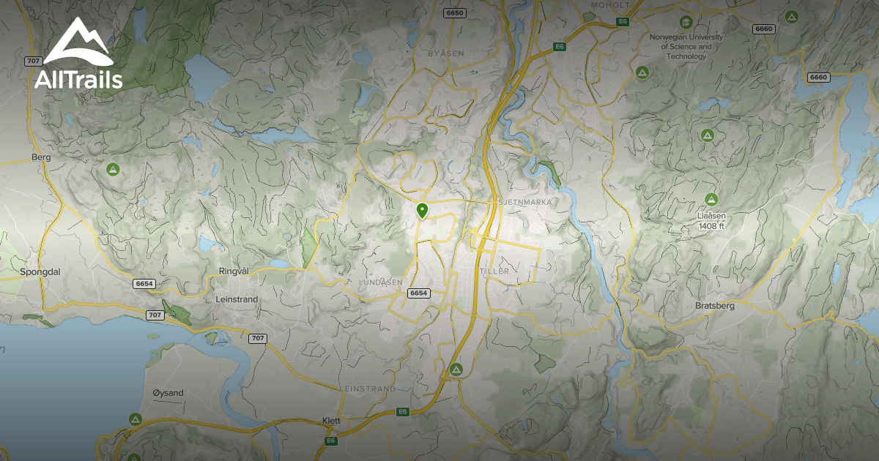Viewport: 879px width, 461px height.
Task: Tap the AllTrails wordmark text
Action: pos(78,79)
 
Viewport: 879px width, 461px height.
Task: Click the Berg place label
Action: pos(40,157)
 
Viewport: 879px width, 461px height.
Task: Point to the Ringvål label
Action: pos(234,271)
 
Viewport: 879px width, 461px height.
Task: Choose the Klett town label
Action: pos(332,421)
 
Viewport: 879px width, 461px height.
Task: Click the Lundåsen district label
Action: pos(381,282)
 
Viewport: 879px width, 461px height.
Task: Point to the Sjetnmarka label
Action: pos(524,201)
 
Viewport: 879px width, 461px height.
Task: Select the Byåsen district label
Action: pos(446,53)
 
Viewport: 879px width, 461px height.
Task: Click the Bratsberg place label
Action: pos(713,306)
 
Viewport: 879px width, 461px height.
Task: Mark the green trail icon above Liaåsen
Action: pos(711,198)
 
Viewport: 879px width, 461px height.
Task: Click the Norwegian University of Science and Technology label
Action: pos(686,46)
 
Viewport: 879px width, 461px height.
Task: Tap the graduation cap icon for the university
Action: pos(686,22)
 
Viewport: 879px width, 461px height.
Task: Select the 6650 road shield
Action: pos(455,13)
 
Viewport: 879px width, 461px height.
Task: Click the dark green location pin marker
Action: pos(422,211)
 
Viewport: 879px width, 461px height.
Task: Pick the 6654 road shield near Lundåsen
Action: pos(418,293)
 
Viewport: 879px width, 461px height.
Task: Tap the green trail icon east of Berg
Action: pos(113,170)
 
